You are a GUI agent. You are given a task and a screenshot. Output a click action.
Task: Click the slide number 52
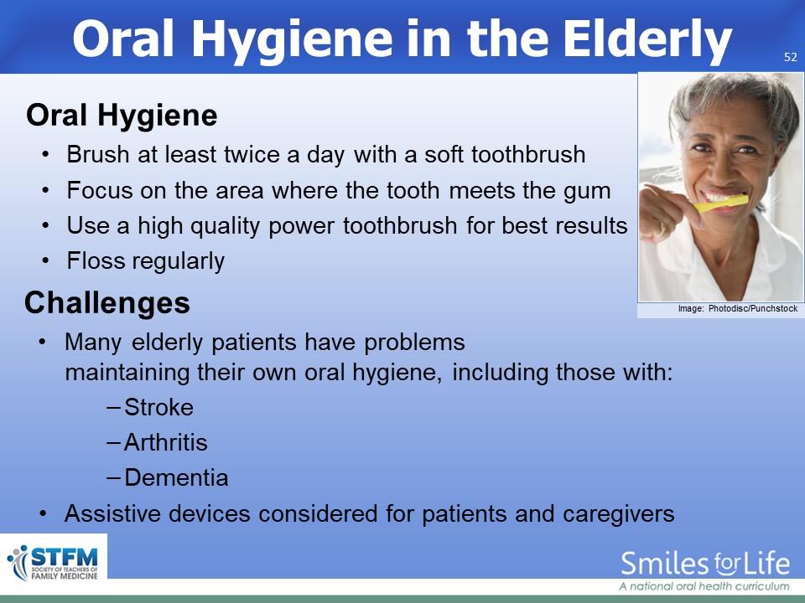coord(790,57)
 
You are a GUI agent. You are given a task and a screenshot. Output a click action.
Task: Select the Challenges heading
coord(107,302)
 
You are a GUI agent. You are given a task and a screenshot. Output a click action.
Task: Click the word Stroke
coord(158,407)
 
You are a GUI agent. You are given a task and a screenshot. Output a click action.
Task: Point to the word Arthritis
coord(166,442)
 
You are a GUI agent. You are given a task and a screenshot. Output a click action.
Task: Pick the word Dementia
coord(176,477)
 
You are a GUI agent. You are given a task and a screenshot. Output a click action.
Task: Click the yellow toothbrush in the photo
coord(721,204)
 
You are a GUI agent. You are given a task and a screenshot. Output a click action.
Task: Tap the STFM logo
coord(54,563)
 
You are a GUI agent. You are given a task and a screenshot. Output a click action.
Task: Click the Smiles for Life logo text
coord(705,564)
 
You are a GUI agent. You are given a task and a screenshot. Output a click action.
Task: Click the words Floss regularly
coord(146,261)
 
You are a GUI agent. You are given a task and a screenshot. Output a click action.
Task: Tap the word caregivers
coord(618,514)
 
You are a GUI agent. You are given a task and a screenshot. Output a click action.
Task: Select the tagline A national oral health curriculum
coord(704,586)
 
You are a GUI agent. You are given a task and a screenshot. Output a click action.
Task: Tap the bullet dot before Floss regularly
coord(45,260)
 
